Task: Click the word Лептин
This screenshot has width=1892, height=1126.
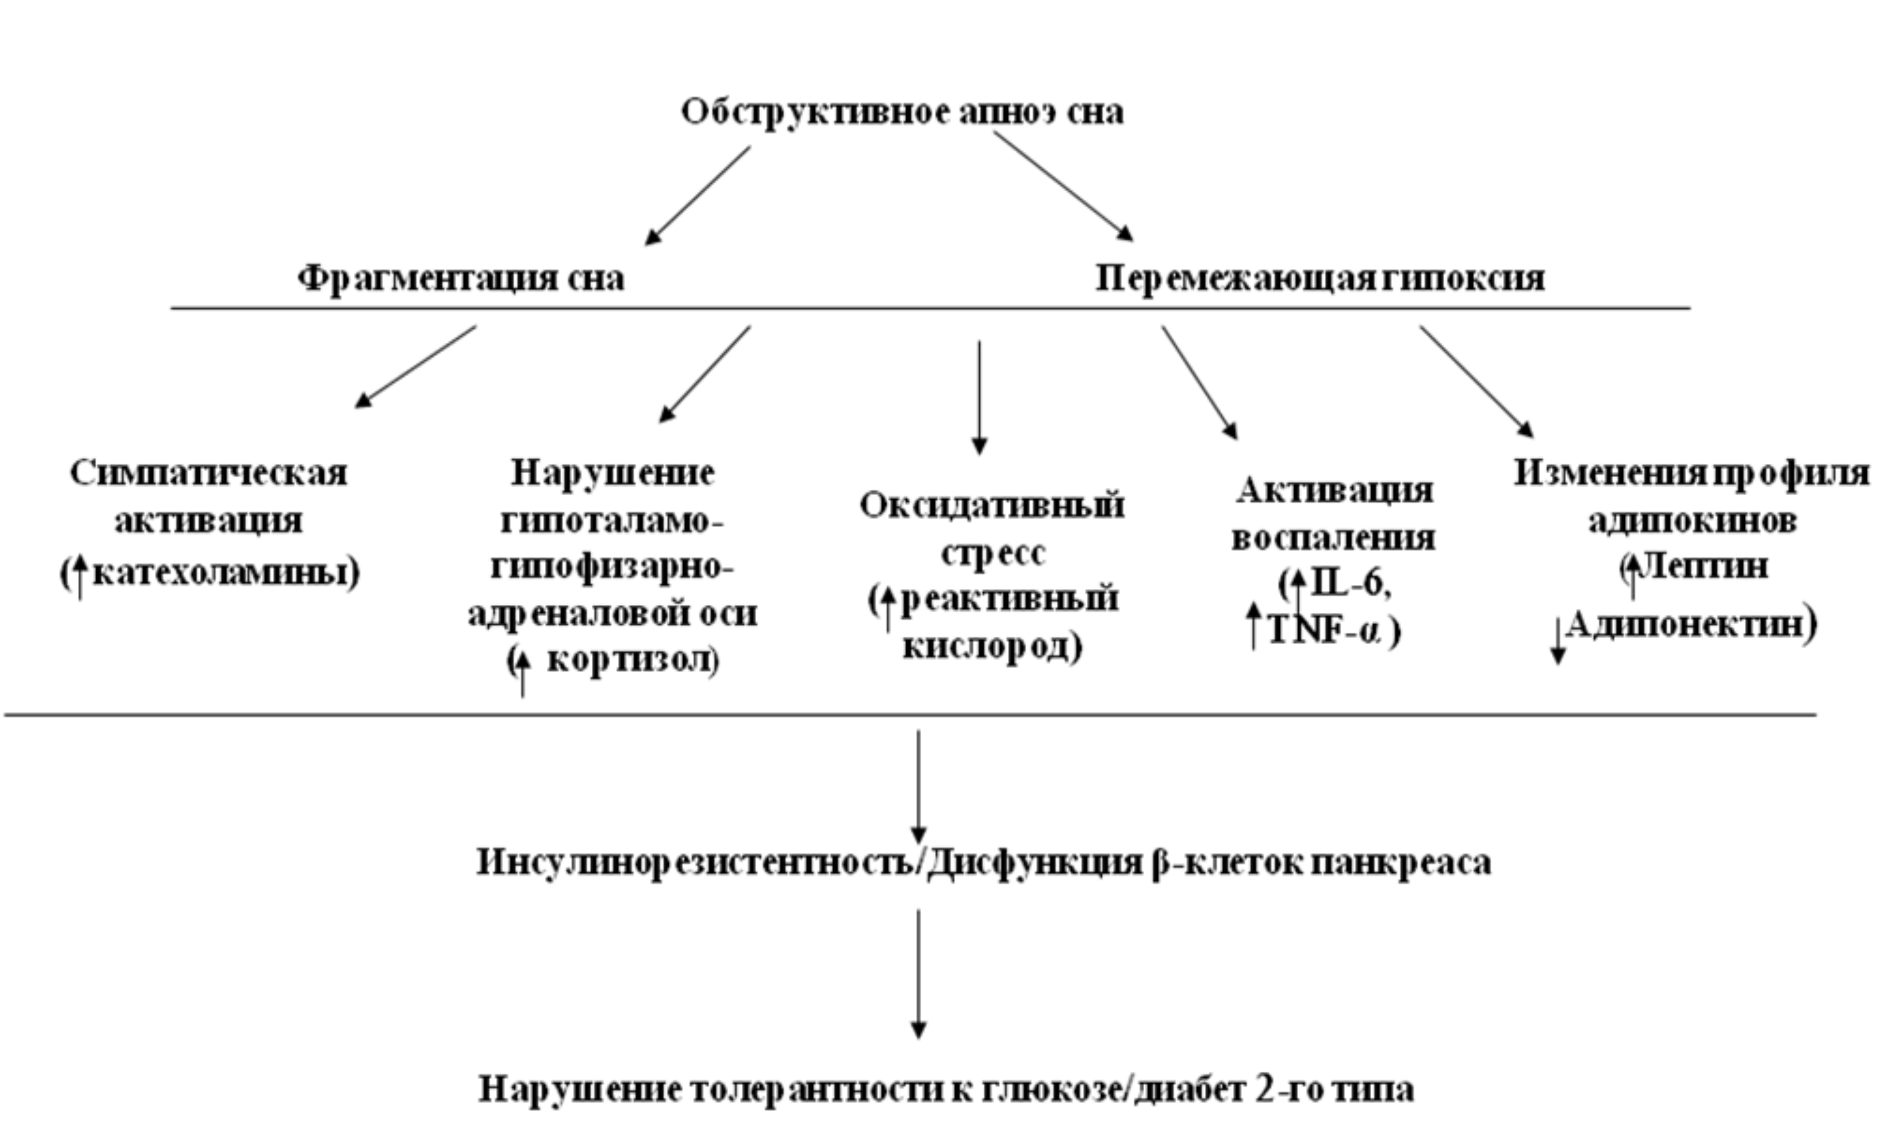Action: pos(1704,567)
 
